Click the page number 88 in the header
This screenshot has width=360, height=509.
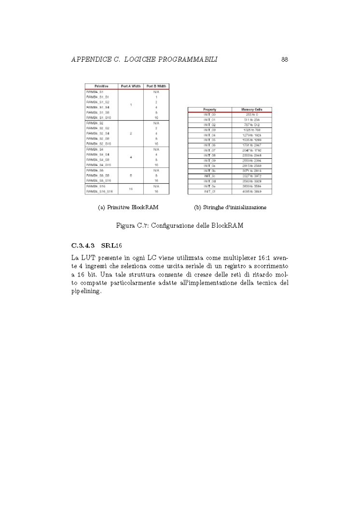(x=284, y=59)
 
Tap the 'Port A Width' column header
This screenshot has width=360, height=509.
(x=131, y=86)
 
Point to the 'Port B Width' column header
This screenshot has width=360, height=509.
(x=156, y=86)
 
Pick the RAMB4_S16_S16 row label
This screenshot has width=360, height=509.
(x=99, y=192)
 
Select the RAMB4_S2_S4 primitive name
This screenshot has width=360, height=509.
(x=97, y=133)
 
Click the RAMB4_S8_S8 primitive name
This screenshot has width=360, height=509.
(x=97, y=176)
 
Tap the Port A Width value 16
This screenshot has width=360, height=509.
(x=131, y=189)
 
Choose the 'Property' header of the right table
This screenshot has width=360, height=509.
(x=209, y=110)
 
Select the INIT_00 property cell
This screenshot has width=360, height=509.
(x=209, y=114)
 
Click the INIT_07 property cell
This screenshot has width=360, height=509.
(x=209, y=150)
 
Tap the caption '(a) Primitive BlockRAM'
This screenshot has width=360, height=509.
(x=128, y=207)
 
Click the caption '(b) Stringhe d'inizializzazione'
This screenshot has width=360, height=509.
(x=230, y=207)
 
